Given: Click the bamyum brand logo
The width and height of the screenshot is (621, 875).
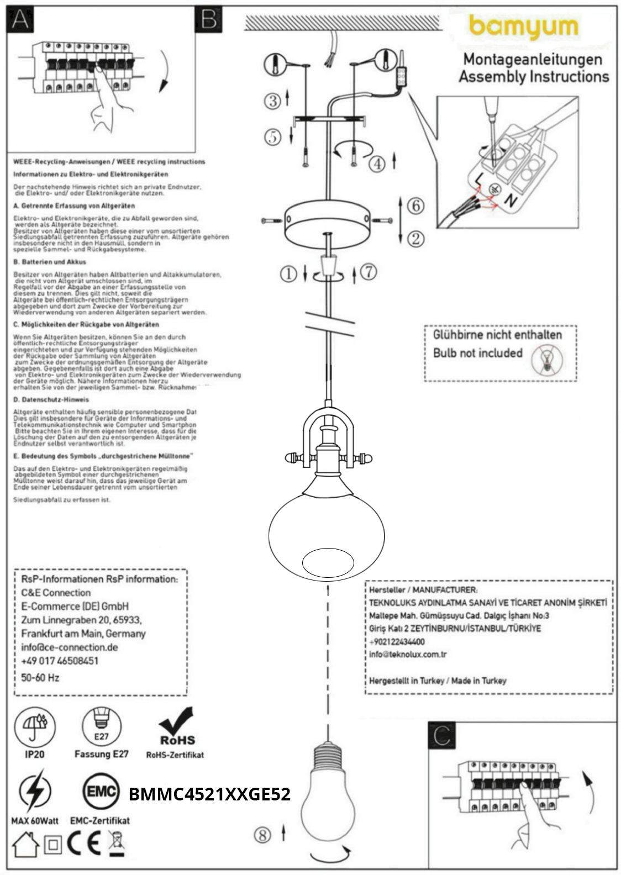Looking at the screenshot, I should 523,27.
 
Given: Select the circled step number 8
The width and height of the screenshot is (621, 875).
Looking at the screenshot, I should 262,834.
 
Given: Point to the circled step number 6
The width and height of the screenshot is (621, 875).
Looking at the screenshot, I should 415,205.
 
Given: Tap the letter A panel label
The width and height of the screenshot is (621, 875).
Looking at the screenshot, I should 20,19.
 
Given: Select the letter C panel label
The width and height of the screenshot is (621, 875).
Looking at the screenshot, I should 443,735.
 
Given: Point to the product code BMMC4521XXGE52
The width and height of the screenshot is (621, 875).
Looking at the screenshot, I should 209,794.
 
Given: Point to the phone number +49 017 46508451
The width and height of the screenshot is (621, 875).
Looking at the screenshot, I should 60,661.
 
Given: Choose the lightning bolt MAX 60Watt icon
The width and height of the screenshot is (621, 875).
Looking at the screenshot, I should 35,793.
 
